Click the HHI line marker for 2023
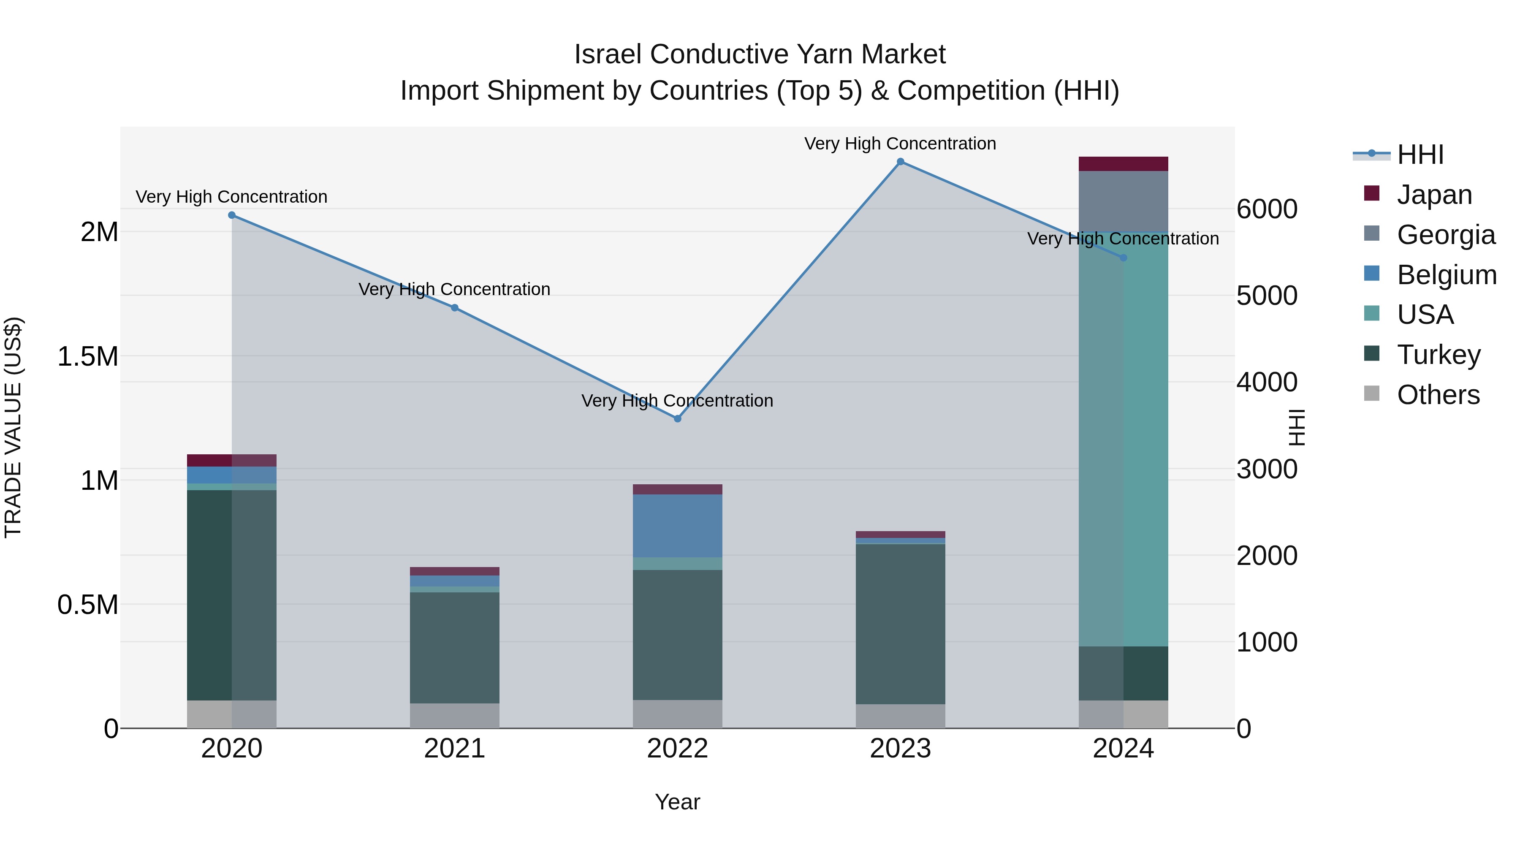[901, 162]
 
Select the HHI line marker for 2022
[677, 418]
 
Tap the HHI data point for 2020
[232, 215]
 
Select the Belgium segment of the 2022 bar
[677, 526]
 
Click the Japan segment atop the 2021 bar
[454, 571]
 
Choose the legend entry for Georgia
[1446, 235]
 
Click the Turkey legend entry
[1438, 355]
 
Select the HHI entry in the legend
[1420, 155]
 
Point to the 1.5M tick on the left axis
[88, 357]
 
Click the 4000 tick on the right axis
[1267, 383]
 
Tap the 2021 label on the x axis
[454, 749]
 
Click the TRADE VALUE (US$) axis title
[13, 427]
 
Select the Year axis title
[677, 802]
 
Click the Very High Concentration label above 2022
[677, 401]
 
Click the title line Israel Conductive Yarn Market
[760, 54]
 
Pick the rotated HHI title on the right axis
[1296, 427]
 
